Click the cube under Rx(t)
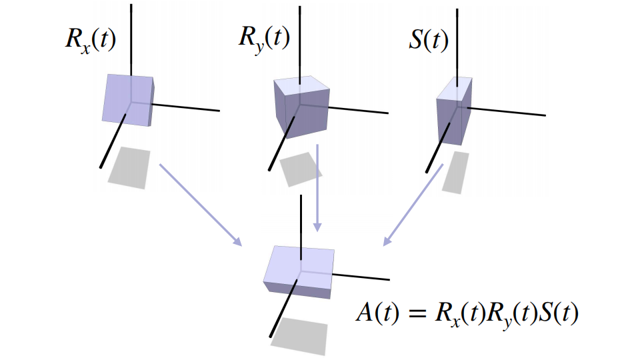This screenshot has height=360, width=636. (x=128, y=100)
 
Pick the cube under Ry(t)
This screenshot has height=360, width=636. (x=301, y=107)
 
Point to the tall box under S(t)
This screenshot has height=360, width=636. (x=454, y=112)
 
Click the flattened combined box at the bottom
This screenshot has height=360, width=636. (x=300, y=270)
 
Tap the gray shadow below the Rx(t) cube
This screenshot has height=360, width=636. (x=129, y=167)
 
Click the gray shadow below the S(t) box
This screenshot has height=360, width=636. (x=456, y=172)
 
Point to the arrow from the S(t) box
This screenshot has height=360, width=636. (x=414, y=203)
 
